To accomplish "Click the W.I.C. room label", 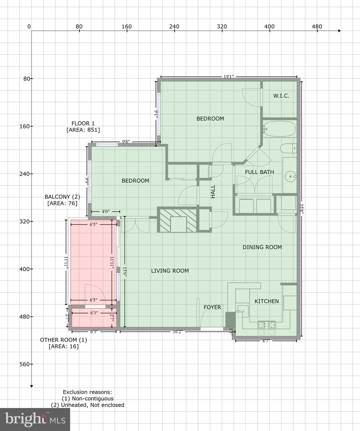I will (x=281, y=96).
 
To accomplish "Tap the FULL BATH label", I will (x=259, y=172).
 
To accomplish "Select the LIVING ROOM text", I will (x=170, y=271).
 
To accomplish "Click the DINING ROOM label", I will (x=262, y=247).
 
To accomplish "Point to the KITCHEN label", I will (x=267, y=301).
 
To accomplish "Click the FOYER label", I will (x=212, y=307).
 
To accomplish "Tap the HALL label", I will (x=213, y=191).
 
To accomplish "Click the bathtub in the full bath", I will (x=279, y=129).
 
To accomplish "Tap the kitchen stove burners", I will (x=267, y=325).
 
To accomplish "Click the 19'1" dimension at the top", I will (x=228, y=76).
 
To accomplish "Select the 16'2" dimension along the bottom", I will (x=177, y=332).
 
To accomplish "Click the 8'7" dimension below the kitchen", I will (x=266, y=341).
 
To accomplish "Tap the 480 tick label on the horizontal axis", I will (x=317, y=27).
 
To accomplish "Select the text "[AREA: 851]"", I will (x=83, y=130).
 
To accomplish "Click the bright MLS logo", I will (x=35, y=419).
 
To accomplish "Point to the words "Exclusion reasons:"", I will (x=87, y=392).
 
